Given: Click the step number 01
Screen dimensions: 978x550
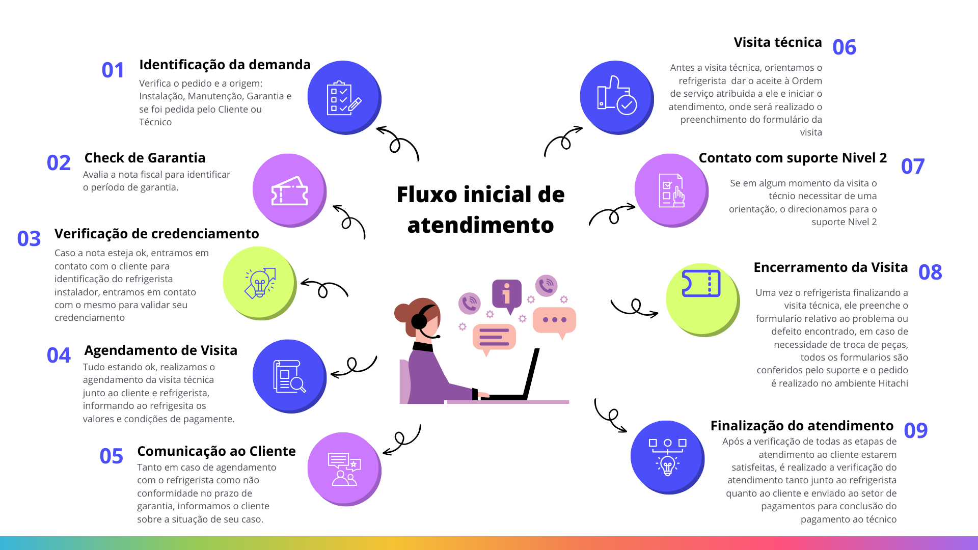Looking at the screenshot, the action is coord(113,70).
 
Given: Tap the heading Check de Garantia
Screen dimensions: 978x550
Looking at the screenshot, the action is coord(145,158).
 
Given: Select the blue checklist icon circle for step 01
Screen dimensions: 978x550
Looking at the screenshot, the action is coord(344,98).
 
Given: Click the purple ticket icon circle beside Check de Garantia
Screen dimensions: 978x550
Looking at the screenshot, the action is coord(290,190).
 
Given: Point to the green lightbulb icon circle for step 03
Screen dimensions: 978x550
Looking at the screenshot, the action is coord(260,283).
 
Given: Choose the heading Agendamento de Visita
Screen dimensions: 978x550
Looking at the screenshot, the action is coord(161,350).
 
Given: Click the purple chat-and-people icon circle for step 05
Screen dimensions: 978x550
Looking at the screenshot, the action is coord(344,469).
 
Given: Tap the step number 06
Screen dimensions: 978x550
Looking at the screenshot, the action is coord(844,47).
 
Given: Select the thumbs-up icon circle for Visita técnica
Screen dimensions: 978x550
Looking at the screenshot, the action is coord(617,98).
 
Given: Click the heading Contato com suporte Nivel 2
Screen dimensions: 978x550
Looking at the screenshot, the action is coord(793,158).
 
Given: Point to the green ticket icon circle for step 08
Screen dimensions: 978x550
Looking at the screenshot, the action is coord(703,300).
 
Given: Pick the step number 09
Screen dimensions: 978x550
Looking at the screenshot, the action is coord(915,431).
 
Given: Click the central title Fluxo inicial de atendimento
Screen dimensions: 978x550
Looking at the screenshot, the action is coord(481,210).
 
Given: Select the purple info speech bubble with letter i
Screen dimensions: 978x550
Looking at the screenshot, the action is coord(507,296).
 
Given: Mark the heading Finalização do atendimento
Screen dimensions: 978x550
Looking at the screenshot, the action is coord(802,426).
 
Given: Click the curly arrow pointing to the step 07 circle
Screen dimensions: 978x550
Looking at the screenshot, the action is coord(612,214).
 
